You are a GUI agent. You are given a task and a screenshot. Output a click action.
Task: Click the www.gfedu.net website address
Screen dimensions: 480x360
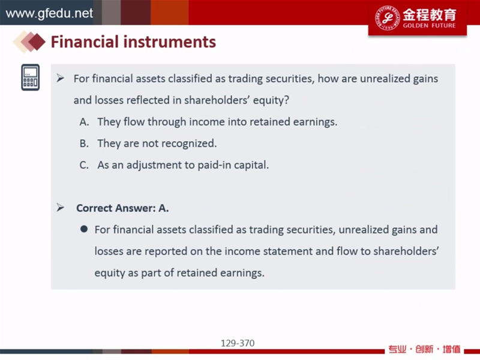coord(49,13)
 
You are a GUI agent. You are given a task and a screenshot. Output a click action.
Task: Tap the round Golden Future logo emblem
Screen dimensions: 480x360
coord(387,18)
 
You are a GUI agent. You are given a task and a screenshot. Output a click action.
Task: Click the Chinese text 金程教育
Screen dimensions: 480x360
coord(429,14)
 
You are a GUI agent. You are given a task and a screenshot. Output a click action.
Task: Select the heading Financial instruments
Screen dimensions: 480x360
coord(133,42)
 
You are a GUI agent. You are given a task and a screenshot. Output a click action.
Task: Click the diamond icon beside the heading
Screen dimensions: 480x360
coord(29,41)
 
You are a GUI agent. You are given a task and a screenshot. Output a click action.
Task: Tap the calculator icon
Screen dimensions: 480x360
coord(31,77)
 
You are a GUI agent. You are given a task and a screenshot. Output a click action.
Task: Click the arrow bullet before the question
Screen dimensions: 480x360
coord(61,79)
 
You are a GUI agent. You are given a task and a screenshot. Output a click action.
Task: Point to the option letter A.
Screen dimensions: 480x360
coord(84,122)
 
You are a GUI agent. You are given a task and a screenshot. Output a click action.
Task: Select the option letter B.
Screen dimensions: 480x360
coord(84,143)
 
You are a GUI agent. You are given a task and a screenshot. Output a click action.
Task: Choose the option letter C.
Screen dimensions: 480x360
coord(84,165)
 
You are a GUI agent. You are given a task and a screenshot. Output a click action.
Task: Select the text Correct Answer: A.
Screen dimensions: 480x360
coord(122,208)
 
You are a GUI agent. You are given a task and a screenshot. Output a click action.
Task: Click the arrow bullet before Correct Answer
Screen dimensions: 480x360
coord(61,208)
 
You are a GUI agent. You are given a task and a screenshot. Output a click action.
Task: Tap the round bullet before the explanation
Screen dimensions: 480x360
coord(84,229)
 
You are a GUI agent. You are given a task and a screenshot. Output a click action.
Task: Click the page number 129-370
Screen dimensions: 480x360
coord(238,343)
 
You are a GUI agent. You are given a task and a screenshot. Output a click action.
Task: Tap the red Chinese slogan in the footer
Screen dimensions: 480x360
coord(424,349)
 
